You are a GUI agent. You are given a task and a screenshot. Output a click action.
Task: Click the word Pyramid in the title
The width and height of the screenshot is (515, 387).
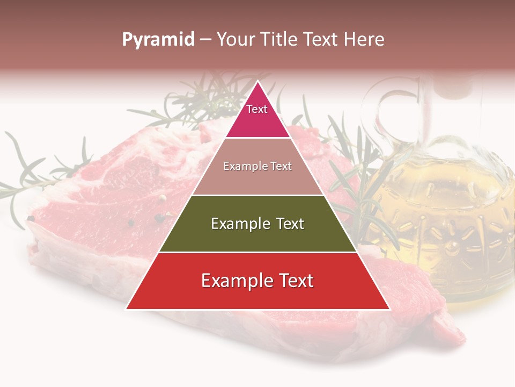click(x=158, y=40)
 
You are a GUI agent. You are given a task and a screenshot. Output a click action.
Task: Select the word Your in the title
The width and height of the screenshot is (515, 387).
click(x=236, y=40)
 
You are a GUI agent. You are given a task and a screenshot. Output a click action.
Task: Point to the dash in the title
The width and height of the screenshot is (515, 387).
click(x=205, y=40)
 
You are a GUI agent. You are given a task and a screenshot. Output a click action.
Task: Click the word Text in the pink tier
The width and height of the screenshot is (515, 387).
click(x=257, y=109)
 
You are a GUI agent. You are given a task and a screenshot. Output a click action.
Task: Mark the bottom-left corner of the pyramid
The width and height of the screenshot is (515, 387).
click(x=127, y=309)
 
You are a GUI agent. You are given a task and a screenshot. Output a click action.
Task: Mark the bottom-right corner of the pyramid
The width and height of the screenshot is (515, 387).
click(x=389, y=309)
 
